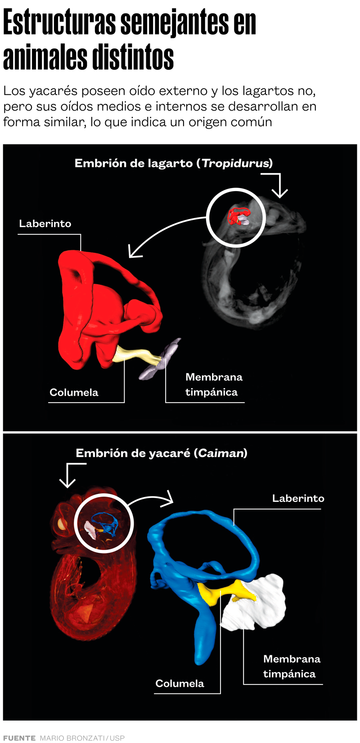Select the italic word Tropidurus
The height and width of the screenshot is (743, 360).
coord(235,163)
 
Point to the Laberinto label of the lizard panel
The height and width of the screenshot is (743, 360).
coord(45,224)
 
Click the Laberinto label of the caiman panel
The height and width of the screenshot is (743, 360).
coord(298,498)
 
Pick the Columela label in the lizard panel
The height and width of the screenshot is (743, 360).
coord(74,392)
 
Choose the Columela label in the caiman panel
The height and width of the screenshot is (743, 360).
coord(180,683)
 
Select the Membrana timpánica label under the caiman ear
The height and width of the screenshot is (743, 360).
coord(291,666)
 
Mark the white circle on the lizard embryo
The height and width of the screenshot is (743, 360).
coord(236,217)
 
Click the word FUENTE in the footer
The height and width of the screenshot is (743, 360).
coord(19,738)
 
